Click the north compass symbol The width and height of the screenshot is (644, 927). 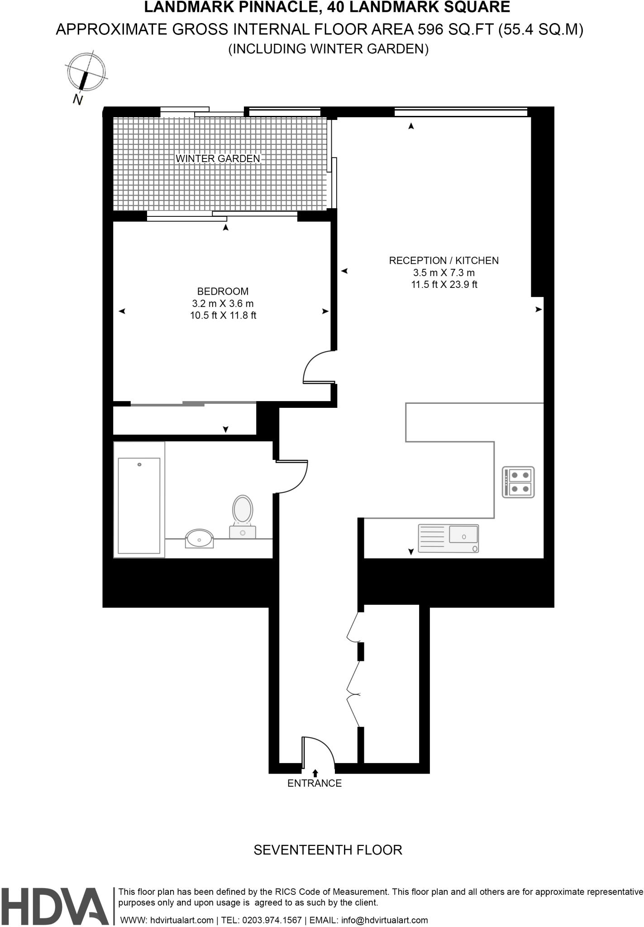[x=86, y=75]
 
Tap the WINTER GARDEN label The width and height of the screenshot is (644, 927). [x=218, y=158]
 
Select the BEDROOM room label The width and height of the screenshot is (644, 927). [x=223, y=291]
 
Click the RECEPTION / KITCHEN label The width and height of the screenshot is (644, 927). [x=444, y=261]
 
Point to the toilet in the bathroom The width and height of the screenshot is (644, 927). [x=243, y=516]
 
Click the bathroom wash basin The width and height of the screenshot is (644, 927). [x=199, y=539]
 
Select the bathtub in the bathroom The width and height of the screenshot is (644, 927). [x=139, y=506]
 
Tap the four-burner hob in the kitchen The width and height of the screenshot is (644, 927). [x=518, y=482]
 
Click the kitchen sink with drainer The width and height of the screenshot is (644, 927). [x=448, y=538]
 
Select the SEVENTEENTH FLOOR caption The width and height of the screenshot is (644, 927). [x=328, y=850]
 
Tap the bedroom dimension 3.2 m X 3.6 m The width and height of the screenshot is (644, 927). [x=223, y=303]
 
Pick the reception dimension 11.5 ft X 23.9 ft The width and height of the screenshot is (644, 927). [x=444, y=285]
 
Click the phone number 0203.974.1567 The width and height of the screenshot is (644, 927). [x=272, y=920]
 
